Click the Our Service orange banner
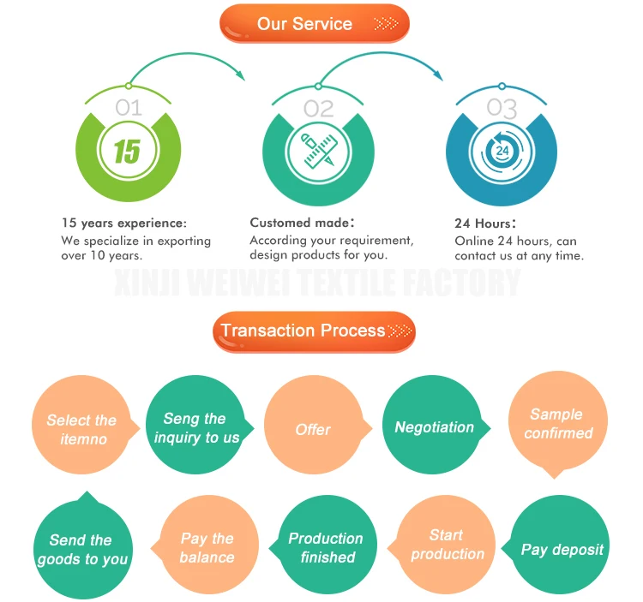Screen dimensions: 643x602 [315, 23]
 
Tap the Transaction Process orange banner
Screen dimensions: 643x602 [314, 331]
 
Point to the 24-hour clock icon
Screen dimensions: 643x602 [502, 152]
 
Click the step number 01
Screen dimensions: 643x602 [128, 107]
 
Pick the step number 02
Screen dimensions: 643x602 [318, 108]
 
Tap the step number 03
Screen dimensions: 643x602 [502, 108]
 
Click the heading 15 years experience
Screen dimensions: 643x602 [123, 223]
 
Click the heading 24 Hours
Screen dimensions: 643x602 [484, 223]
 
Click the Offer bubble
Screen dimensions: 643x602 [312, 429]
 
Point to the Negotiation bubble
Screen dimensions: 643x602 [433, 426]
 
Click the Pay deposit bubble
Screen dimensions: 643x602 [562, 549]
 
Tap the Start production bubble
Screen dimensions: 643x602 [446, 545]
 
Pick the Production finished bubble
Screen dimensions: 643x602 [326, 548]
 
